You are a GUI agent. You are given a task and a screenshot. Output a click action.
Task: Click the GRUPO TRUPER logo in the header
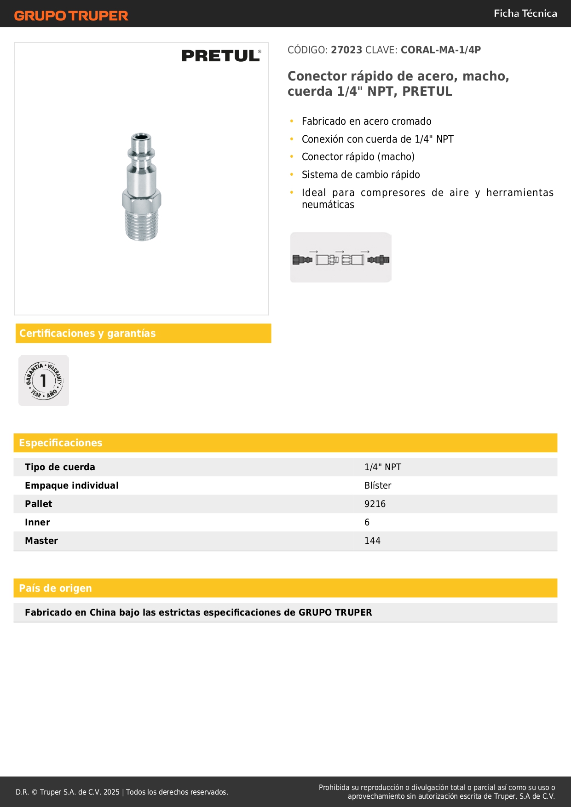[71, 16]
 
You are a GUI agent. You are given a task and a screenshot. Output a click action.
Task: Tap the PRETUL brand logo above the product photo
[221, 56]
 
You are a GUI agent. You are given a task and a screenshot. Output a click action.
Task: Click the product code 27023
[346, 50]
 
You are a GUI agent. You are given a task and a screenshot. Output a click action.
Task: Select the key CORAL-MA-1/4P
[440, 50]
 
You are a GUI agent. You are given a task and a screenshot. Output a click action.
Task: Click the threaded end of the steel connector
[142, 225]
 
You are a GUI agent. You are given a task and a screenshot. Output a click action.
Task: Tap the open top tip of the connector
[141, 137]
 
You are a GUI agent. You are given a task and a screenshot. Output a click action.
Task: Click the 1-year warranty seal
[44, 380]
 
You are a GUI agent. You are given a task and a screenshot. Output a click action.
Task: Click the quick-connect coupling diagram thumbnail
[340, 258]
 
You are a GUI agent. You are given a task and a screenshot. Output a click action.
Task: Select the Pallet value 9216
[375, 504]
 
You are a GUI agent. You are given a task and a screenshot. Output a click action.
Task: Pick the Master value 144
[372, 541]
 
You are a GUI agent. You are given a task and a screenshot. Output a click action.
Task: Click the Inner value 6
[367, 522]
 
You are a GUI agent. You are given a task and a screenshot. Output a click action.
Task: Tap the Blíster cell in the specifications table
[377, 485]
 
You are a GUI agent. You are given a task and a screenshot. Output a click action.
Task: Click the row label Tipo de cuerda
[60, 467]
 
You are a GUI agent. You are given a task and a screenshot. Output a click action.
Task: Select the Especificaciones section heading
[61, 443]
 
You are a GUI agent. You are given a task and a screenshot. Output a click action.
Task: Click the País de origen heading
[55, 588]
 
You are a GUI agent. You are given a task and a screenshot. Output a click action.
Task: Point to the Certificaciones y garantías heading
[87, 333]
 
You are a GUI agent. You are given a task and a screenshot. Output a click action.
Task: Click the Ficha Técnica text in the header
[525, 13]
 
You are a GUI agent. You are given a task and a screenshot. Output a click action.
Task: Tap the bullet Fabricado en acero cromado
[366, 121]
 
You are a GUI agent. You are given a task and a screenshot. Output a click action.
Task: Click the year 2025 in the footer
[111, 792]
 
